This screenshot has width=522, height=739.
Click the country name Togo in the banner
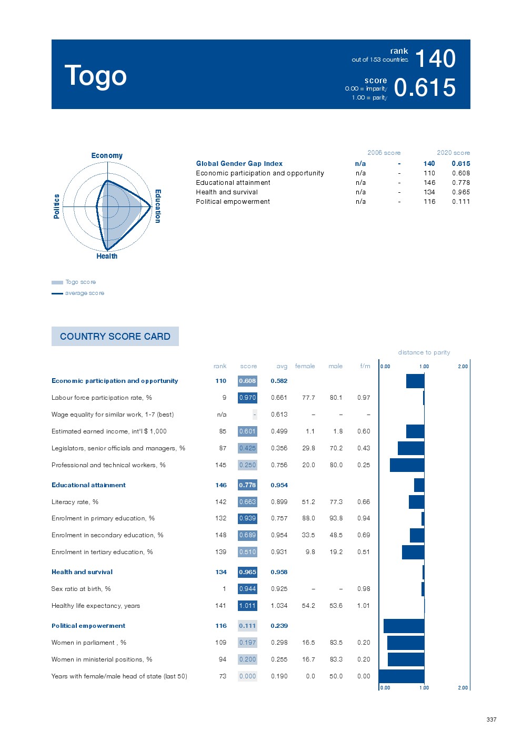[95, 76]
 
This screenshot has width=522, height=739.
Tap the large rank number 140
[435, 58]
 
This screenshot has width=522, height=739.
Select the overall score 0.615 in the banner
[425, 87]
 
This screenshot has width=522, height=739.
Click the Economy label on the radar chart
[107, 155]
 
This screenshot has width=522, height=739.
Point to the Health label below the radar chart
[107, 256]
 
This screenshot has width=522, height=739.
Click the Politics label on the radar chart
[57, 206]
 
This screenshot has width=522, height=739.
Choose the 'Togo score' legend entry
[80, 282]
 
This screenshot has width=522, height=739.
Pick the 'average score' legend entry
[84, 293]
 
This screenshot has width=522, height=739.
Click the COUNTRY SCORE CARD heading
[115, 337]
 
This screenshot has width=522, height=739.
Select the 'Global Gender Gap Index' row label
[239, 164]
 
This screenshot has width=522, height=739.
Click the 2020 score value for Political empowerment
[460, 202]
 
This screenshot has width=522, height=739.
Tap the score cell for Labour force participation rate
[247, 398]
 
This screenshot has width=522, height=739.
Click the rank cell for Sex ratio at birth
[224, 589]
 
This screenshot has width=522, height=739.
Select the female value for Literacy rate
[308, 502]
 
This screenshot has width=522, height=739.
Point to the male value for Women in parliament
[336, 643]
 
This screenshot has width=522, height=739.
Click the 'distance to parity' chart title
[424, 352]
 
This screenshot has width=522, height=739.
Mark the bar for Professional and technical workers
[407, 465]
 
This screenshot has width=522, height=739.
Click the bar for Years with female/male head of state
[401, 676]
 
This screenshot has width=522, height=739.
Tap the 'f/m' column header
[365, 366]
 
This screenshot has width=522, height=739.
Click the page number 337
[491, 720]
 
